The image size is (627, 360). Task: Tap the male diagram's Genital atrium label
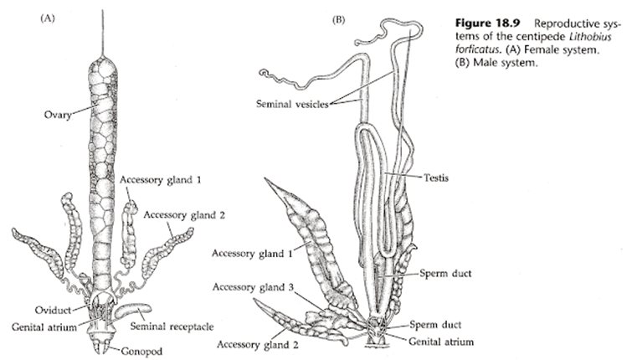tap(441, 341)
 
